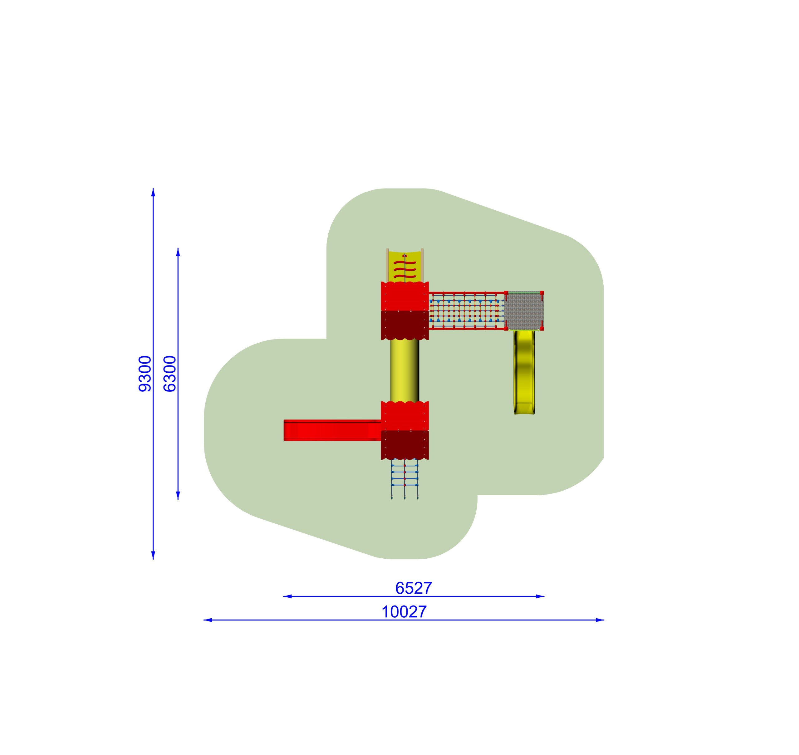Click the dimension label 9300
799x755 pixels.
click(145, 374)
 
